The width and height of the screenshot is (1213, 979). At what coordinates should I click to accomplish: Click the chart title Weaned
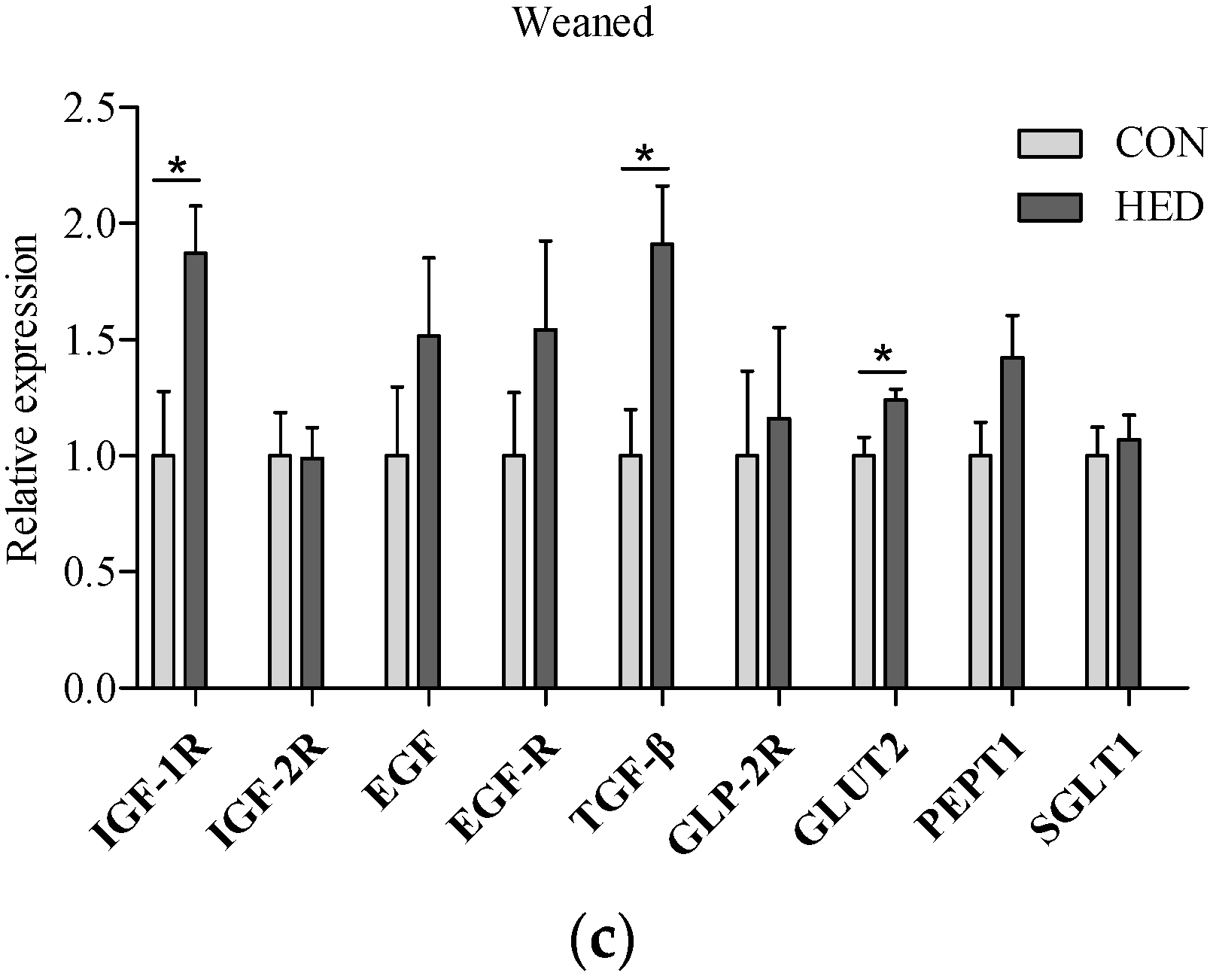pos(583,23)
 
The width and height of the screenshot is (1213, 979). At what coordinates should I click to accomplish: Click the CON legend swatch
pos(1049,144)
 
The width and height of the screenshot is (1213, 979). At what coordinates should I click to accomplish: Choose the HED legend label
pos(1159,207)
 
